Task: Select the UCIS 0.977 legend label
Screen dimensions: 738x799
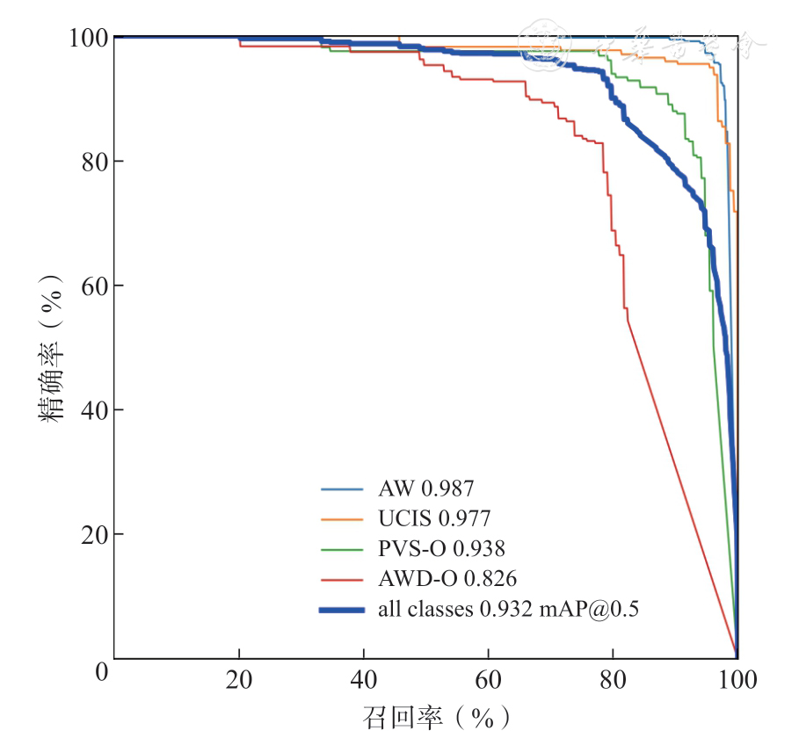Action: [434, 518]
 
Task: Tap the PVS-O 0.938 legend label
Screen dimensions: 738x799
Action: [441, 549]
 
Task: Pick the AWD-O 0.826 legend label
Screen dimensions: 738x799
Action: [447, 579]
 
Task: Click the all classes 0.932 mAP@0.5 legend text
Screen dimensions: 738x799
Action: [508, 609]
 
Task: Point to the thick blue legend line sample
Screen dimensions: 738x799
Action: [342, 609]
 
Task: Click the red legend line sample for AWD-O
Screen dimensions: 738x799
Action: [342, 579]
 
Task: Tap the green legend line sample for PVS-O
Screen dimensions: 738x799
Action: [342, 549]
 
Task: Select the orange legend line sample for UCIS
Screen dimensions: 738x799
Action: [342, 518]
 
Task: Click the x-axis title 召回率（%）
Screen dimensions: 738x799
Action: [437, 717]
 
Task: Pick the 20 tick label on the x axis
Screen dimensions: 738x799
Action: [238, 680]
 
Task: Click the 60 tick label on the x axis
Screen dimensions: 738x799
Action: [488, 680]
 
